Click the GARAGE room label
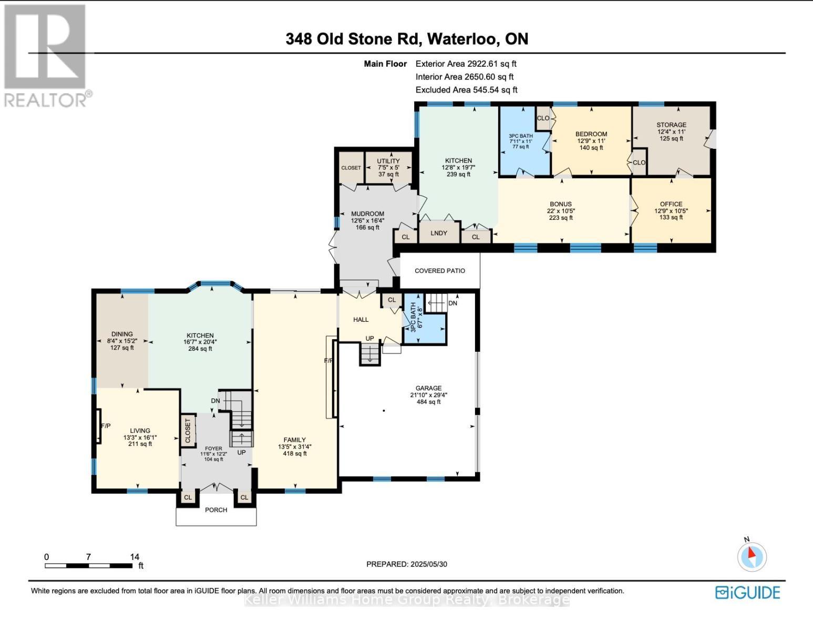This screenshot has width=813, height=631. [x=428, y=388]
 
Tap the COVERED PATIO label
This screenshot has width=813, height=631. [x=440, y=271]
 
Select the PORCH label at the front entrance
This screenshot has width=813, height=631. [x=216, y=510]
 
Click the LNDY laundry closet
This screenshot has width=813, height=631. [x=439, y=233]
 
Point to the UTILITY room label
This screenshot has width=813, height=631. [x=388, y=161]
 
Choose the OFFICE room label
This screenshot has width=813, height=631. [x=671, y=204]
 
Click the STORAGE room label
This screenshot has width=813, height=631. [x=671, y=125]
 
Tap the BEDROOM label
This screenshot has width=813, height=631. [x=591, y=134]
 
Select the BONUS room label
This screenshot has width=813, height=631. [x=561, y=204]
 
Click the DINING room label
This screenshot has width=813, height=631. [x=122, y=334]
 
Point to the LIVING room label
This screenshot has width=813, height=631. [x=140, y=431]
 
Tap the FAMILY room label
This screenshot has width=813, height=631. [x=295, y=440]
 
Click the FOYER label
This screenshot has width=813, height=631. [x=213, y=449]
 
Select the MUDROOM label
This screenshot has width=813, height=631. [x=367, y=213]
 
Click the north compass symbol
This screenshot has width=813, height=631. [x=752, y=556]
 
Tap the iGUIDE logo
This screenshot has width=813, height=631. [x=747, y=593]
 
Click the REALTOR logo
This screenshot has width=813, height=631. [x=46, y=55]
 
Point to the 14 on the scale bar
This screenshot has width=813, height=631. [x=135, y=557]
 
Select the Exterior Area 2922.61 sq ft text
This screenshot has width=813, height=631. [x=466, y=64]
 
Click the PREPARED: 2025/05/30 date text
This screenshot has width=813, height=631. [x=407, y=564]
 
